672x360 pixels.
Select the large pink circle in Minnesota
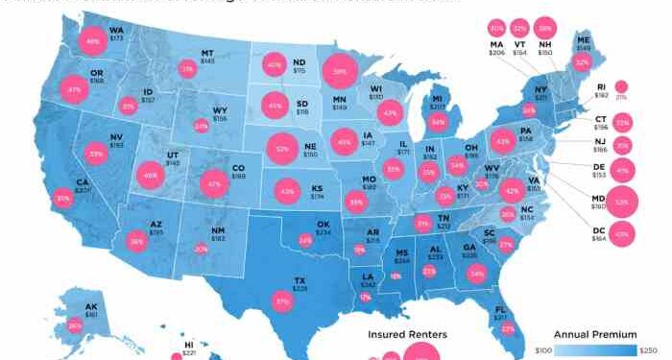pyautogui.click(x=339, y=71)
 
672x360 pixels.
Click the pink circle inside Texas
pyautogui.click(x=282, y=300)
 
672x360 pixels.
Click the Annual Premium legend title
pyautogui.click(x=601, y=334)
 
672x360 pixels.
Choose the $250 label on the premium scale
pyautogui.click(x=650, y=352)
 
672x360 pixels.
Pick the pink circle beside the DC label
pyautogui.click(x=622, y=233)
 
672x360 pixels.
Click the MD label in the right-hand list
pyautogui.click(x=595, y=201)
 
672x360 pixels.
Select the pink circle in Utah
pyautogui.click(x=149, y=176)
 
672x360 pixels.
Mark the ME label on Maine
pyautogui.click(x=583, y=40)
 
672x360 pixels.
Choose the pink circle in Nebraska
pyautogui.click(x=282, y=149)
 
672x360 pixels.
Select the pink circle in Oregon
pyautogui.click(x=72, y=90)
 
